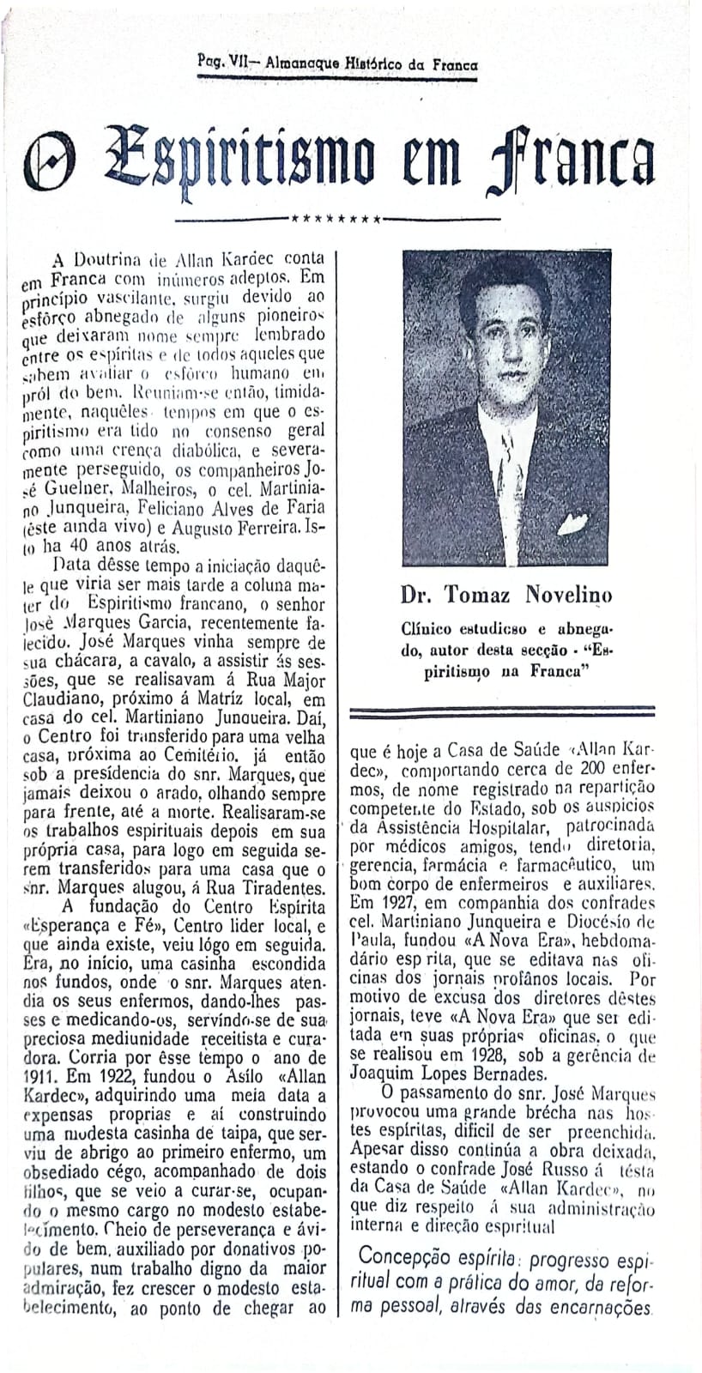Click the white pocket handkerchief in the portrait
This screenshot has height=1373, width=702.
(572, 521)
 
